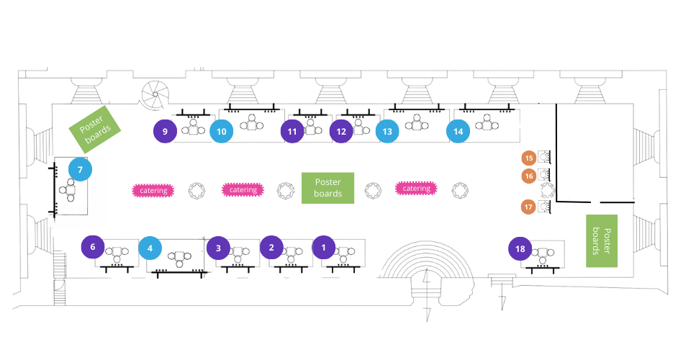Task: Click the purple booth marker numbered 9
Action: pos(166,131)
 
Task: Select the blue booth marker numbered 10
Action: pos(222,131)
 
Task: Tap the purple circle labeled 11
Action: pos(292,132)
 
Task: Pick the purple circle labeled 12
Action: pos(341,132)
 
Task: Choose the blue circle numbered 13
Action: pos(387,132)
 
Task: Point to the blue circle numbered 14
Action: pos(458,132)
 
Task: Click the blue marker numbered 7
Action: pos(80,171)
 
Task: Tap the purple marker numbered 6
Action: pos(93,246)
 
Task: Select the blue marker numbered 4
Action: pos(150,248)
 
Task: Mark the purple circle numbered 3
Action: pos(218,248)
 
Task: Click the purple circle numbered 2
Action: pos(271,248)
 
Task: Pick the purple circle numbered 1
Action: pos(323,248)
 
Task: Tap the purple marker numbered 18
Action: pos(520,249)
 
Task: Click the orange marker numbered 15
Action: pos(529,158)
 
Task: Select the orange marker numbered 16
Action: pos(529,175)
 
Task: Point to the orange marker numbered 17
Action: pos(529,207)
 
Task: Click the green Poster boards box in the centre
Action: pos(328,189)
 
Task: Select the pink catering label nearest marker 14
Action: pos(416,189)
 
